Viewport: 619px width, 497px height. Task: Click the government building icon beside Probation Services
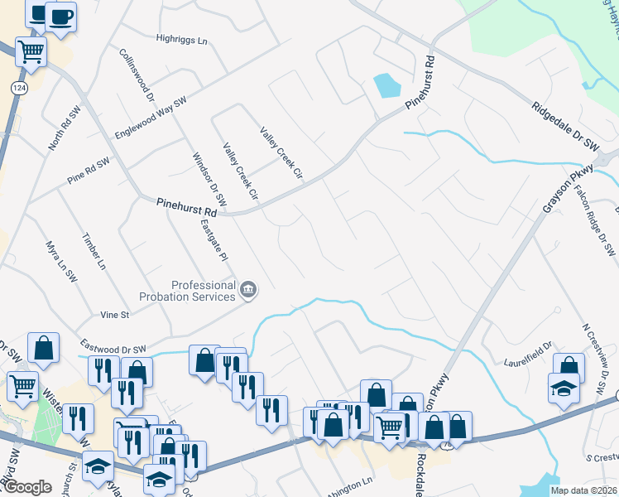pyautogui.click(x=248, y=290)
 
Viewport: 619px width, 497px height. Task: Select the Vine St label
pyautogui.click(x=114, y=315)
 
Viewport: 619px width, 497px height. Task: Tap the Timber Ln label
pyautogui.click(x=94, y=251)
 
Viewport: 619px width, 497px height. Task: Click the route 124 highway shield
pyautogui.click(x=17, y=87)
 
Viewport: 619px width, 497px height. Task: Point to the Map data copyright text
pyautogui.click(x=583, y=490)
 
